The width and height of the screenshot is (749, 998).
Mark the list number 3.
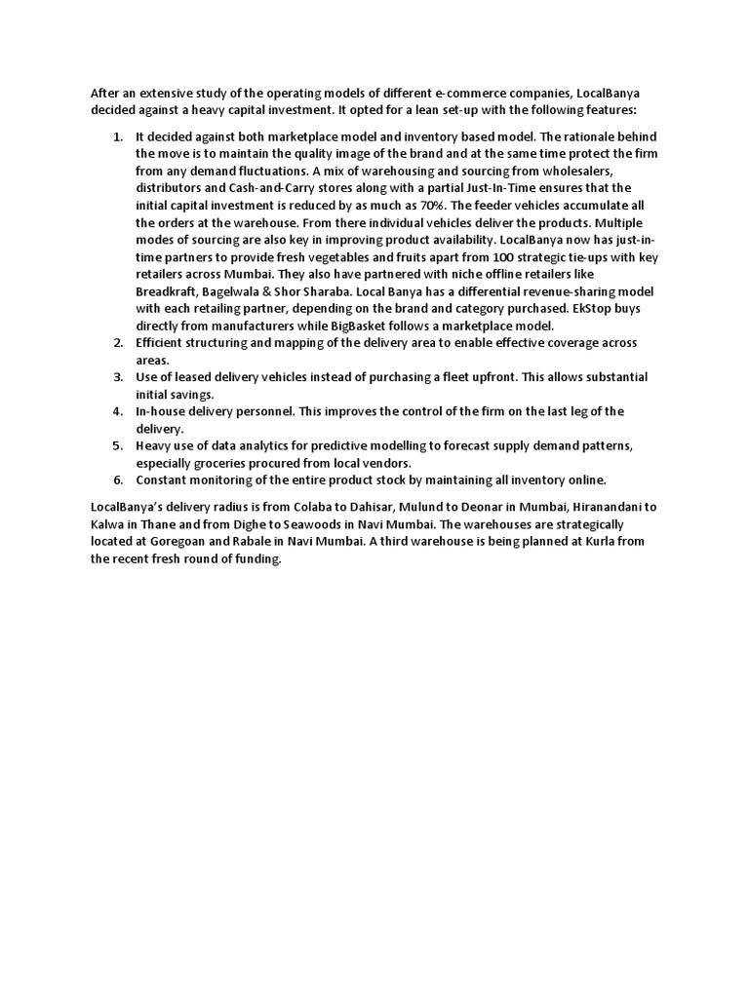click(x=117, y=377)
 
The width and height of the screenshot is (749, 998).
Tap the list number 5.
click(x=117, y=445)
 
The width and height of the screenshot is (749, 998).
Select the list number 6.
click(x=117, y=480)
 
